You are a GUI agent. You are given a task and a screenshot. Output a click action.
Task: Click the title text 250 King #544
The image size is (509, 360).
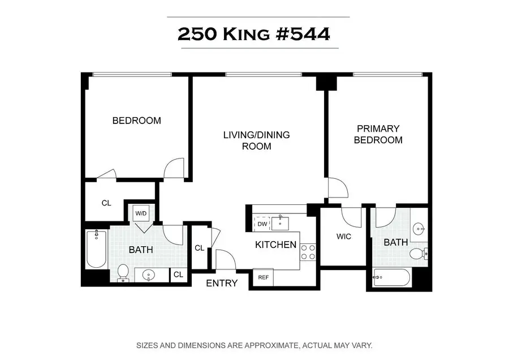point(254,34)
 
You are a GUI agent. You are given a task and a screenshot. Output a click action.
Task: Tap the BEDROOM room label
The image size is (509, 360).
point(136,121)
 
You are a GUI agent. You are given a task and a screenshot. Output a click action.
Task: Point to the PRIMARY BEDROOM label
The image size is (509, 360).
point(378,135)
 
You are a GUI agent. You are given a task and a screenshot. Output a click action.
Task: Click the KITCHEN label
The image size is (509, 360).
point(275,245)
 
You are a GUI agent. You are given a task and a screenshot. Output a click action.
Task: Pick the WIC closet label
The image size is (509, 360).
point(343,236)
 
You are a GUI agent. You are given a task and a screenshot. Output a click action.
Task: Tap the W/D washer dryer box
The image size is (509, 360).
point(140,214)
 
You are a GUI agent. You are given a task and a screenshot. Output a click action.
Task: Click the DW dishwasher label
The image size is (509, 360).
point(262,224)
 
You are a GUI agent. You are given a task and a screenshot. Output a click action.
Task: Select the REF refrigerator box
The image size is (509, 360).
point(263,277)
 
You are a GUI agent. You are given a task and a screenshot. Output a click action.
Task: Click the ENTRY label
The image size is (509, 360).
point(222,283)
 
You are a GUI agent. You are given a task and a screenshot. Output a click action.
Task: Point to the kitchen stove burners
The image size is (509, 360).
point(308,252)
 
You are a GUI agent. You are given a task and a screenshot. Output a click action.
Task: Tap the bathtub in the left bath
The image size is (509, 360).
point(96,249)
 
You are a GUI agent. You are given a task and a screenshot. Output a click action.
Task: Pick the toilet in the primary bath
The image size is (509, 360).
point(417,254)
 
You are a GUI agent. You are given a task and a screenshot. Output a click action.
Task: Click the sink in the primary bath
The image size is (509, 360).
point(419,229)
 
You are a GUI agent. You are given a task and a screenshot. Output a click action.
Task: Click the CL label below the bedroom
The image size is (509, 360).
point(106,203)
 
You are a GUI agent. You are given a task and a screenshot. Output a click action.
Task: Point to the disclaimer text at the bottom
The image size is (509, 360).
point(254,345)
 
